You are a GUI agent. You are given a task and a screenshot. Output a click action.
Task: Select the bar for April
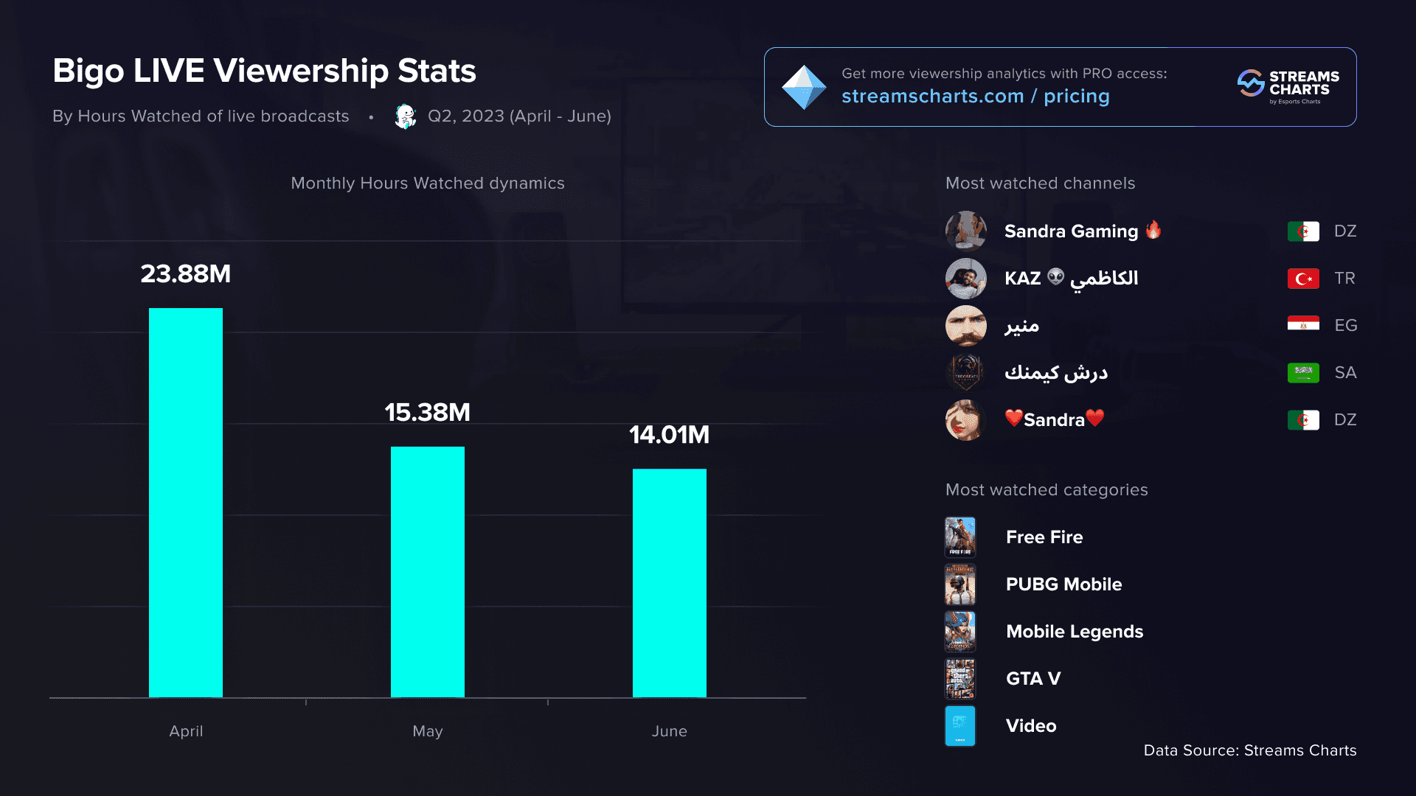click(x=186, y=502)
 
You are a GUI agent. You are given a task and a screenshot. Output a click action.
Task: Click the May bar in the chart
click(x=428, y=571)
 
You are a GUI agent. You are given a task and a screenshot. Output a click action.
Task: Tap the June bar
click(x=669, y=582)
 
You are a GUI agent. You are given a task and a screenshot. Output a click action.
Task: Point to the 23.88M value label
click(x=186, y=274)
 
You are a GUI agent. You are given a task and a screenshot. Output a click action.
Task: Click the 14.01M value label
click(x=669, y=435)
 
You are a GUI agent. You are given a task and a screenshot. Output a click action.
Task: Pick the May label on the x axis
click(x=428, y=731)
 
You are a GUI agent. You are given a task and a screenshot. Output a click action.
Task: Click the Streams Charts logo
click(x=1288, y=87)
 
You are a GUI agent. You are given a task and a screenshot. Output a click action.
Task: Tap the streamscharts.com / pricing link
click(x=975, y=97)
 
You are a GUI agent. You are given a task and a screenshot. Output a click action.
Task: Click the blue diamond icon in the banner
click(x=804, y=87)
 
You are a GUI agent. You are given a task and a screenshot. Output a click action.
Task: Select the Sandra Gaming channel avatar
click(x=966, y=231)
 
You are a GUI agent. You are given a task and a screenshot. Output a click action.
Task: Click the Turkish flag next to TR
click(x=1303, y=279)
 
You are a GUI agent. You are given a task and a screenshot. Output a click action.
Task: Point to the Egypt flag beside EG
click(x=1303, y=325)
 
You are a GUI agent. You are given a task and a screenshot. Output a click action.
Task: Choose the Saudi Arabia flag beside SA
click(x=1303, y=372)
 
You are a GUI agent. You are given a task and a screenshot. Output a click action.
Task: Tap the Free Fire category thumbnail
click(x=960, y=537)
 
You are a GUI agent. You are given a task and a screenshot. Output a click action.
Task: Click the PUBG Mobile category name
click(x=1063, y=584)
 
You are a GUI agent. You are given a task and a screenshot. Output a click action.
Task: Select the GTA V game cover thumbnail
click(x=960, y=679)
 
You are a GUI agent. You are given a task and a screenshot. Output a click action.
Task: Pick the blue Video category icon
click(x=960, y=726)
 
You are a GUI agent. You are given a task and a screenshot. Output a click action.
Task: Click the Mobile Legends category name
click(x=1075, y=632)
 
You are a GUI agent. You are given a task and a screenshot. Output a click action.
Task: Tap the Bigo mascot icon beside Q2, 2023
click(x=405, y=116)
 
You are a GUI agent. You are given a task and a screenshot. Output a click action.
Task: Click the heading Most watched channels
click(x=1040, y=184)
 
